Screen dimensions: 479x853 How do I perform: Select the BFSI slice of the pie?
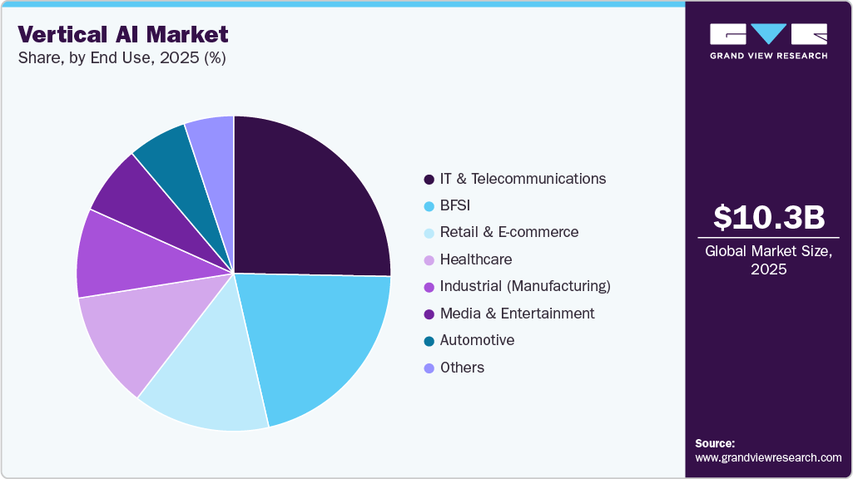[x=320, y=341]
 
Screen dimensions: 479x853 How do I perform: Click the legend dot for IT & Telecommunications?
[x=429, y=180]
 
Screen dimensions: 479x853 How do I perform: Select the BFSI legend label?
[x=454, y=205]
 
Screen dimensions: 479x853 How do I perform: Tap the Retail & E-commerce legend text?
[x=508, y=232]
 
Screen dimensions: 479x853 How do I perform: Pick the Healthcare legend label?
[x=475, y=259]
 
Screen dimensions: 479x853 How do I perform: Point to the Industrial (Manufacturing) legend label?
[x=525, y=286]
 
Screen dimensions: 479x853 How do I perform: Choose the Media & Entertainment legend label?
[x=517, y=314]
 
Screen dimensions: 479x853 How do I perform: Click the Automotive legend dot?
[x=429, y=341]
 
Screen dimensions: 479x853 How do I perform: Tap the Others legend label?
[x=462, y=368]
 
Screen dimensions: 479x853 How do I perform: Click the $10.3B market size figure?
[x=769, y=217]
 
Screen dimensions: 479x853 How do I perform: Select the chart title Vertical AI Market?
[x=123, y=35]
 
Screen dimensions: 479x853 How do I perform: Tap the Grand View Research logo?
[x=768, y=41]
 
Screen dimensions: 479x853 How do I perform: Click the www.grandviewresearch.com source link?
[x=768, y=457]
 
